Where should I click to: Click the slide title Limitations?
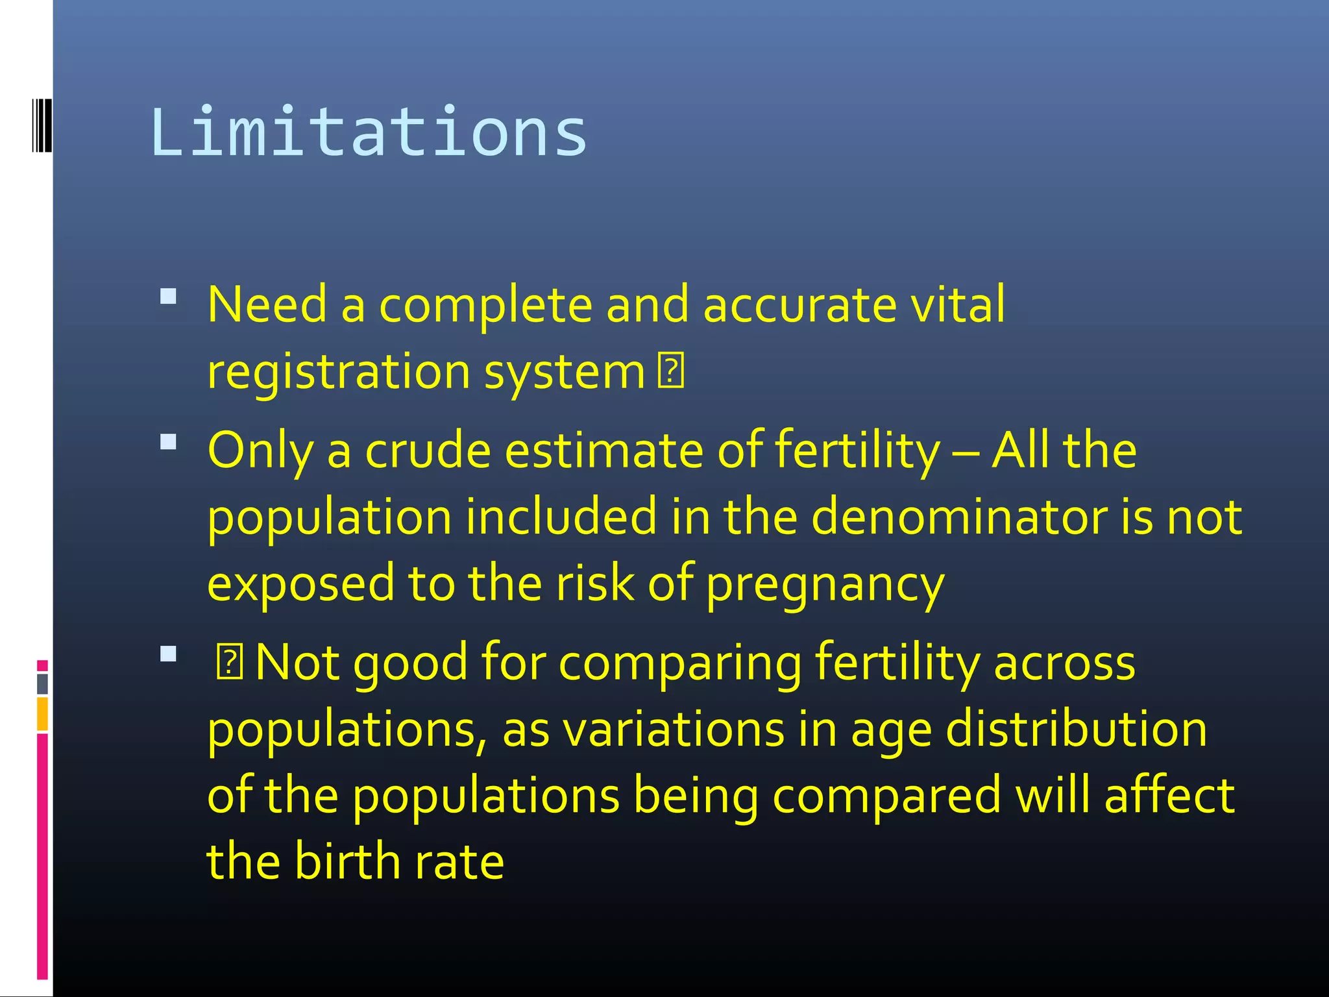[x=369, y=132]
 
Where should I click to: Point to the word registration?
[x=338, y=373]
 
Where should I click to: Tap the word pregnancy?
[x=825, y=584]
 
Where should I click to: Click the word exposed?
[x=300, y=584]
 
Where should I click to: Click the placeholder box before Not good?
[x=229, y=663]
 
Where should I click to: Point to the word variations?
[x=674, y=730]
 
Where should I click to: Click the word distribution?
[x=1077, y=730]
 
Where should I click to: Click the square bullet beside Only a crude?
[x=168, y=442]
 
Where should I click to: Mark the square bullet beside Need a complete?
[x=168, y=297]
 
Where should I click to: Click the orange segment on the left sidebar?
[x=42, y=713]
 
